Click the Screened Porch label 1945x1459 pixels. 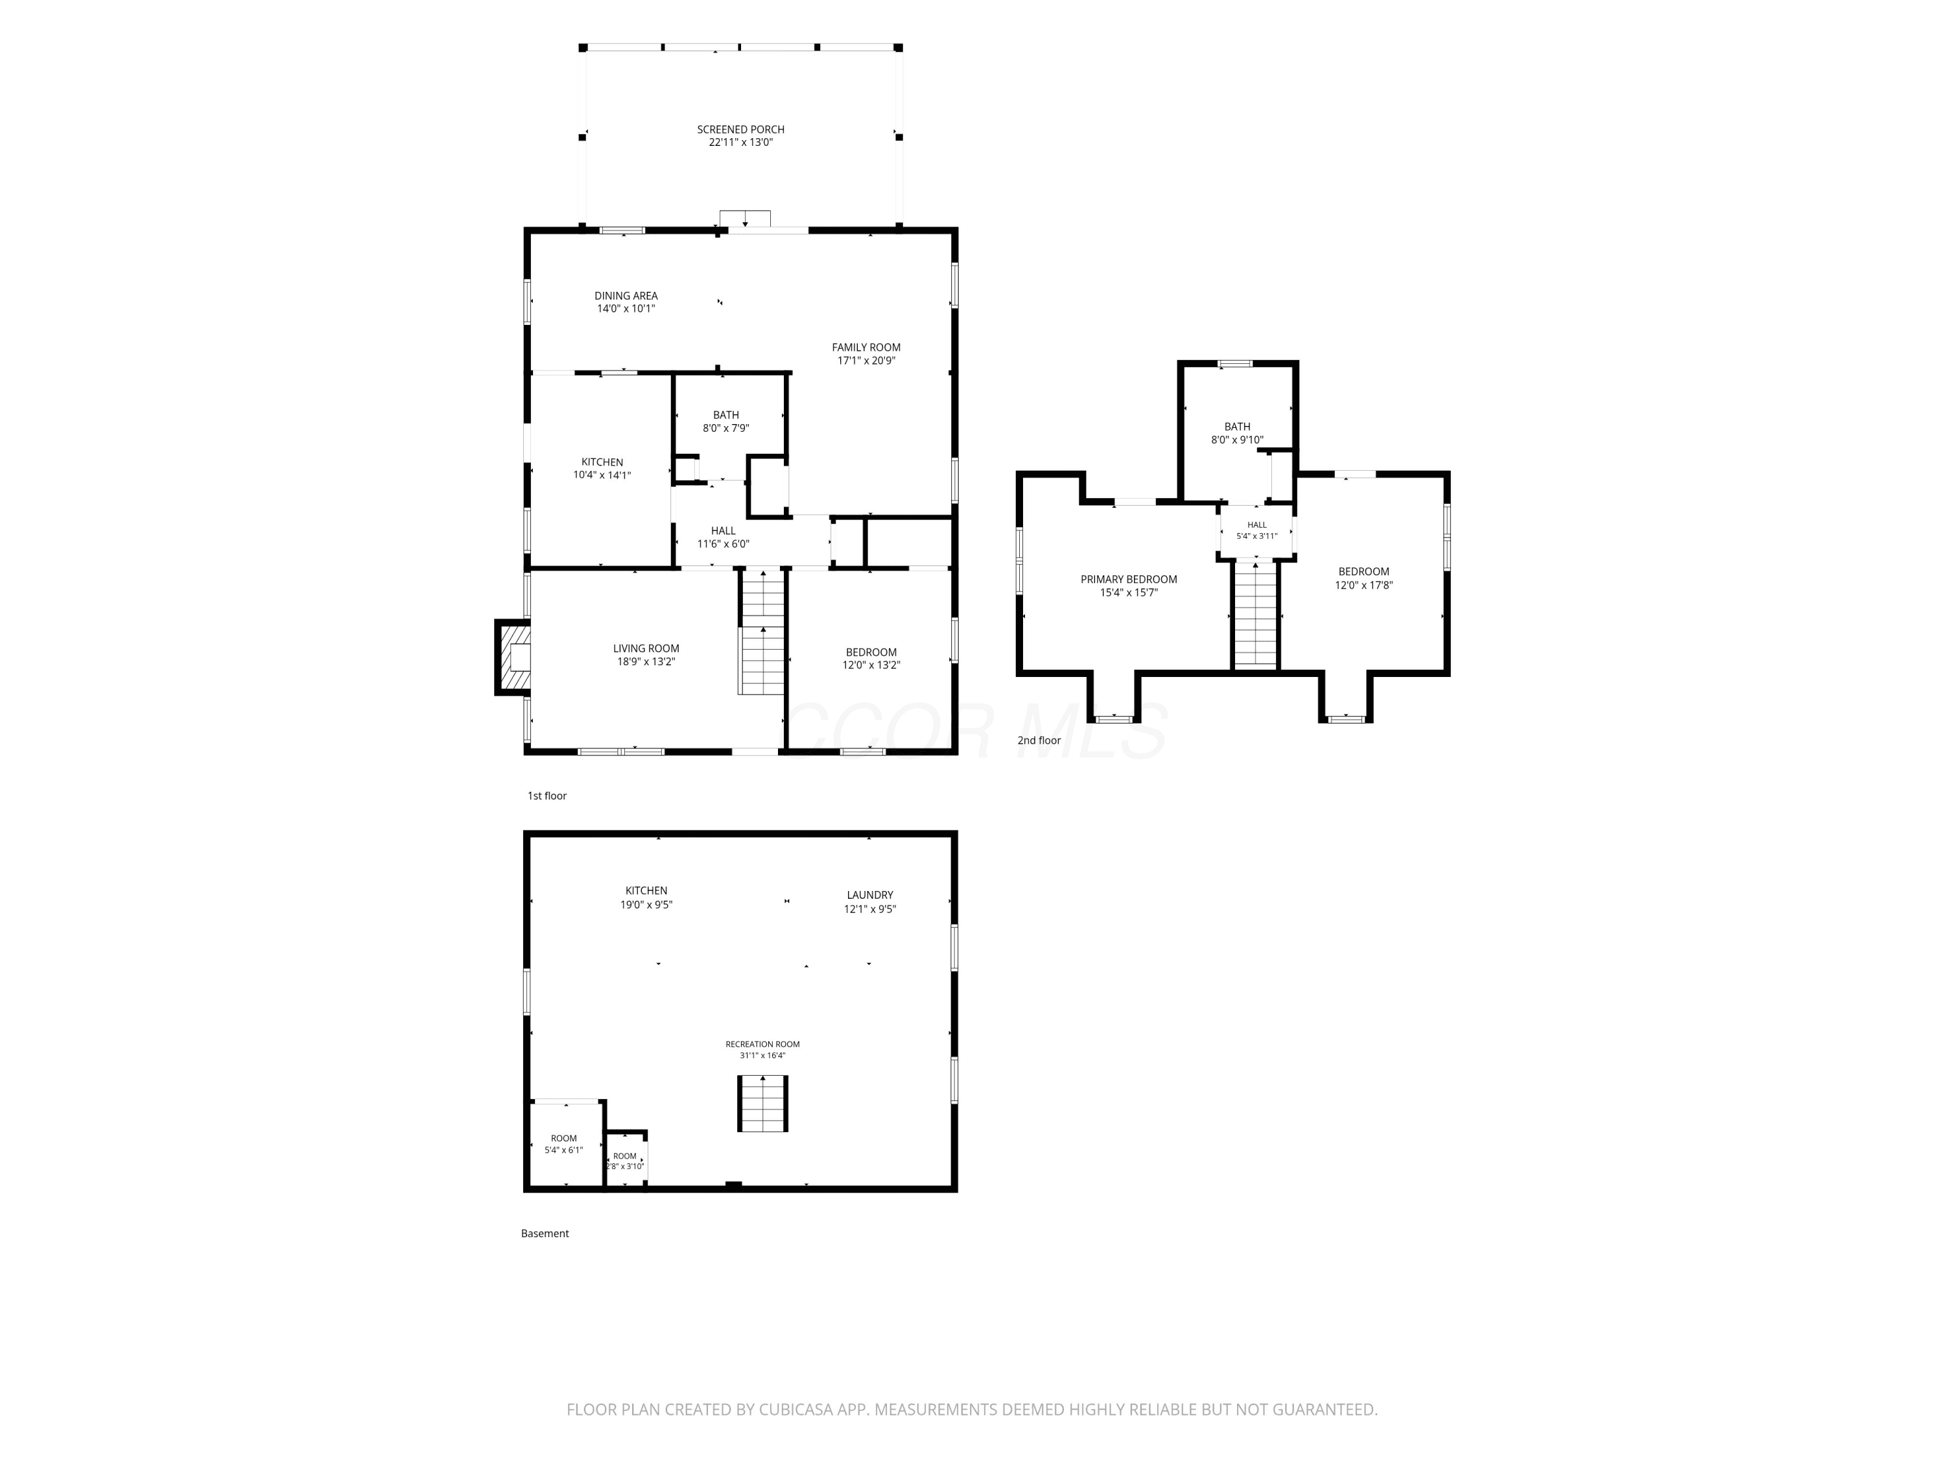(740, 129)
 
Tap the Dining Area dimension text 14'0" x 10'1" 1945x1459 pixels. (626, 309)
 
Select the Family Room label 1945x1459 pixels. (866, 348)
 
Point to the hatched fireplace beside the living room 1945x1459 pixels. (513, 657)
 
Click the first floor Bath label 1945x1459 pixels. (726, 415)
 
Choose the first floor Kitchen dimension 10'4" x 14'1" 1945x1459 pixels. (602, 475)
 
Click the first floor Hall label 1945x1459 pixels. (724, 531)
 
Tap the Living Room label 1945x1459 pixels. (646, 649)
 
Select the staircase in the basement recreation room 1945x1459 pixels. (762, 1103)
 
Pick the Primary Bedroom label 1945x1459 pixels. (1129, 580)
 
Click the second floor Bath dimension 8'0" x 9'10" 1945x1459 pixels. (1237, 440)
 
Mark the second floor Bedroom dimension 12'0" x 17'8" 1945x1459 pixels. (1364, 585)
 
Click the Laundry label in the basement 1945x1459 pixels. (869, 896)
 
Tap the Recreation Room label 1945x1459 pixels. (762, 1045)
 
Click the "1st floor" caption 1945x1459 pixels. (547, 796)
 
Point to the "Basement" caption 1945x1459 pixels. (545, 1234)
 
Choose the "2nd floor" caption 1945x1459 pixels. (1039, 741)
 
